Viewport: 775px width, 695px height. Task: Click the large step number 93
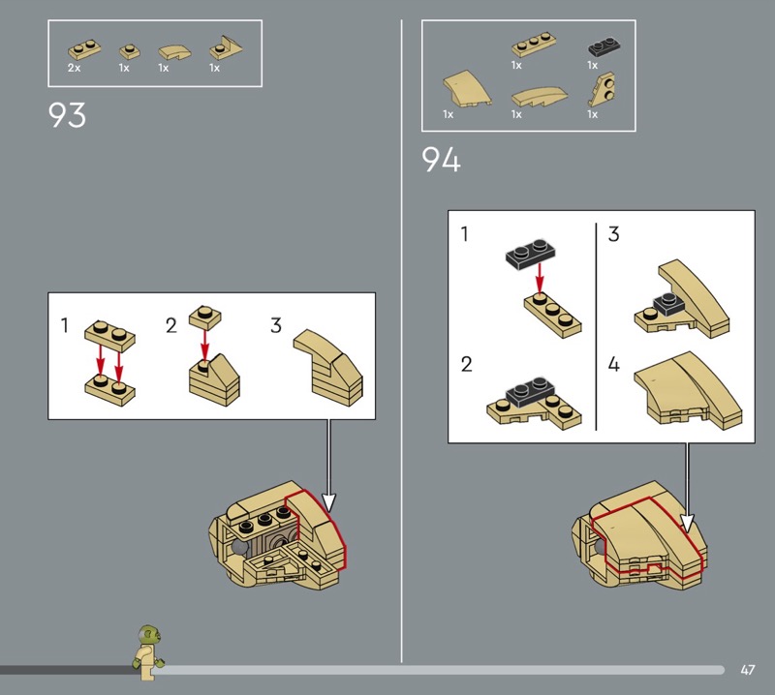(67, 115)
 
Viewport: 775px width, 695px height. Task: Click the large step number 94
(441, 160)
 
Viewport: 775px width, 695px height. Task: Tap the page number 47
(748, 670)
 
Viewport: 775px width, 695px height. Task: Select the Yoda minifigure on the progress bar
(148, 652)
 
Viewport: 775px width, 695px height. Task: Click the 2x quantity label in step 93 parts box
(75, 68)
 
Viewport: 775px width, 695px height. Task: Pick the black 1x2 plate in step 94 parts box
(604, 46)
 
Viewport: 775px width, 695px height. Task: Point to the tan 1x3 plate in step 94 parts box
(535, 45)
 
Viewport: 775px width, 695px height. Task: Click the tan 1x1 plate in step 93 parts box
(130, 51)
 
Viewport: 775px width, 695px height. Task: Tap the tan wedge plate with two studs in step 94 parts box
(603, 89)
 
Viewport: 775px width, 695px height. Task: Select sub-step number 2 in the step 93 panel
(171, 325)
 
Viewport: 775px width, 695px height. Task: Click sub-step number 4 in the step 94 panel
(613, 365)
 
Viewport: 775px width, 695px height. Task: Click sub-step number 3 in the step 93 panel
(276, 325)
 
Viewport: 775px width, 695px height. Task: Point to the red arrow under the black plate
(540, 278)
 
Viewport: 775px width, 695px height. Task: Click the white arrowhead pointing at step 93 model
(328, 501)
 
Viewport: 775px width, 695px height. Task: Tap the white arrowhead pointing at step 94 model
(687, 524)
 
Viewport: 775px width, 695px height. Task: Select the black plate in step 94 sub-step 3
(668, 303)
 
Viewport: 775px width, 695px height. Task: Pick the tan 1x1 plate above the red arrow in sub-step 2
(205, 317)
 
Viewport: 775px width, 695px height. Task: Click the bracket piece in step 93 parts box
(226, 48)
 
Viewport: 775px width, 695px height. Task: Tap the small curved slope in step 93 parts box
(174, 52)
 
